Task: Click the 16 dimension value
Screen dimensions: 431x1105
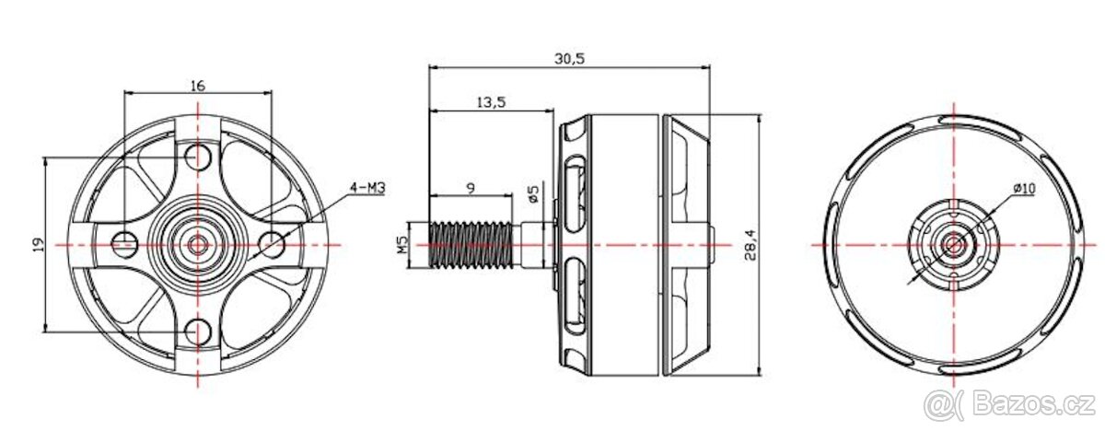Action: coord(198,86)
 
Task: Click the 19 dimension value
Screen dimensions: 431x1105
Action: coord(37,244)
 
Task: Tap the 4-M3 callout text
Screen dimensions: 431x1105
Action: coord(366,188)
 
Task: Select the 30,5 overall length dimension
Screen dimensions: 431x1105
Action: coord(570,58)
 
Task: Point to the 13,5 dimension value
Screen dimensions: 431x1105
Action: coord(491,102)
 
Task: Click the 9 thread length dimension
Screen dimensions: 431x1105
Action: coord(471,187)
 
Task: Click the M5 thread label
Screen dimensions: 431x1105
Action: coord(401,244)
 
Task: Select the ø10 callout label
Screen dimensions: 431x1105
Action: coord(1023,188)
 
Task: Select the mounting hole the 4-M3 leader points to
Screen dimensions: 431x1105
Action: coord(272,243)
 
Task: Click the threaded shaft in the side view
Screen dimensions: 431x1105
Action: coord(472,245)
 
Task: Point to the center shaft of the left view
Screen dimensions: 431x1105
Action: coord(197,244)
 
